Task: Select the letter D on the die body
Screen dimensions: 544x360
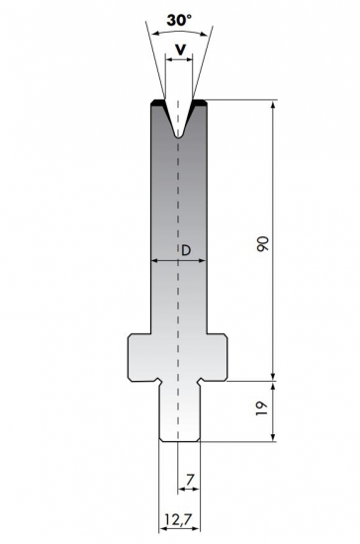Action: (x=186, y=250)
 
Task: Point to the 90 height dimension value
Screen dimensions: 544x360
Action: (x=261, y=242)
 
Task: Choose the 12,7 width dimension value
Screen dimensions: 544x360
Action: (x=178, y=517)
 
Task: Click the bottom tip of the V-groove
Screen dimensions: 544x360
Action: (x=178, y=136)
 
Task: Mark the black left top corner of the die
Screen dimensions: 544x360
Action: (x=155, y=102)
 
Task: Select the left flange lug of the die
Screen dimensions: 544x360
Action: (x=140, y=356)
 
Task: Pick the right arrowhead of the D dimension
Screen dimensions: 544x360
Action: (x=203, y=261)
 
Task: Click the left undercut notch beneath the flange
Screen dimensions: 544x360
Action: (x=156, y=380)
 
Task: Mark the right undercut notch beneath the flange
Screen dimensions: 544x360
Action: (x=201, y=380)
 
